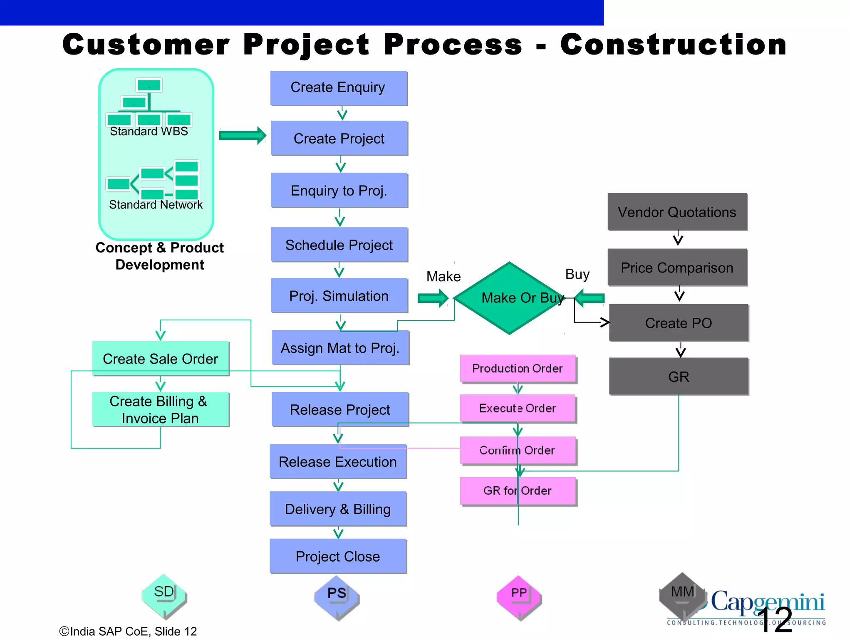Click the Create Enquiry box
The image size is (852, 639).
(x=339, y=88)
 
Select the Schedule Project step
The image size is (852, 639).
(x=339, y=245)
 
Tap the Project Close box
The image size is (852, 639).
(x=338, y=556)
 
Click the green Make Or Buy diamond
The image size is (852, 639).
(x=509, y=298)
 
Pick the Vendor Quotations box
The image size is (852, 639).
(x=677, y=212)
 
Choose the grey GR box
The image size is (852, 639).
(x=679, y=376)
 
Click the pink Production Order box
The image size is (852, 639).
(x=518, y=368)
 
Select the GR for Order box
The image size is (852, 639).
(x=518, y=491)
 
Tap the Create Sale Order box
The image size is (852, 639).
(x=161, y=359)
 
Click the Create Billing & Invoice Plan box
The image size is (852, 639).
(x=161, y=409)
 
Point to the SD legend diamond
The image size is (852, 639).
(x=164, y=596)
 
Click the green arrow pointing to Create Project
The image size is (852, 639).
(x=243, y=136)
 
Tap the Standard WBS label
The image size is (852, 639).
(x=149, y=131)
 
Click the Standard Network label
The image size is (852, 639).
(x=156, y=205)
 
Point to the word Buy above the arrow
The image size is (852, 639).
(x=577, y=275)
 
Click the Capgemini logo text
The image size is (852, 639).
(x=768, y=602)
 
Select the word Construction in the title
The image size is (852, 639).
(x=673, y=45)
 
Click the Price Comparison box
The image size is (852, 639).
(x=677, y=267)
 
